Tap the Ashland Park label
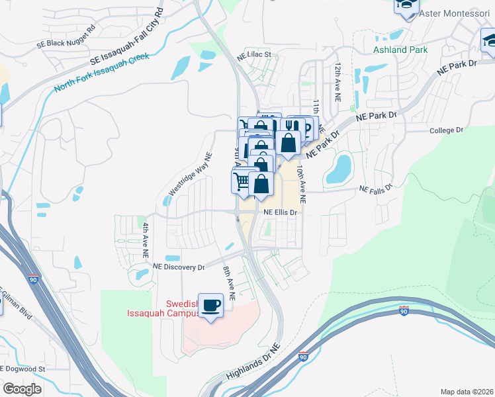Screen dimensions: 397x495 coord(400,50)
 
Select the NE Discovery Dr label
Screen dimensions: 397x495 coord(179,267)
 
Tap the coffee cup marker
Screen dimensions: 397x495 coord(211,306)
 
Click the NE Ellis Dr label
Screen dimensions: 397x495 coord(282,212)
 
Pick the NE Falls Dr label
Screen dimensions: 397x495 coord(376,189)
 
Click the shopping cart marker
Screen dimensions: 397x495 coord(242,180)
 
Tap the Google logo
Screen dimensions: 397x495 coord(22,388)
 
